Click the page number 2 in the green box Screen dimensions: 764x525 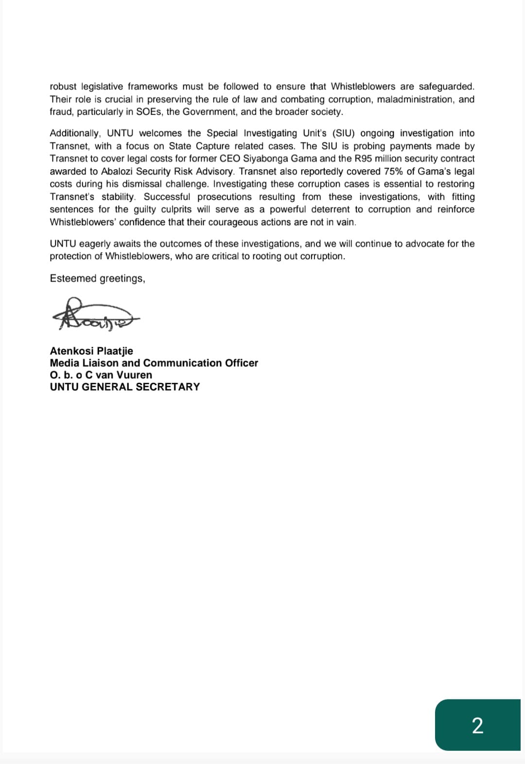pyautogui.click(x=477, y=725)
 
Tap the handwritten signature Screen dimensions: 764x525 pyautogui.click(x=95, y=315)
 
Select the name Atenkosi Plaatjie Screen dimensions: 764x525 pyautogui.click(x=91, y=351)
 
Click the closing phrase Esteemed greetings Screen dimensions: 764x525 pyautogui.click(x=97, y=278)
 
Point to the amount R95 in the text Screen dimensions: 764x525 pyautogui.click(x=363, y=159)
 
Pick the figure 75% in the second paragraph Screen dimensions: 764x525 pyautogui.click(x=394, y=171)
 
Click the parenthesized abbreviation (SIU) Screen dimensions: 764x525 pyautogui.click(x=343, y=133)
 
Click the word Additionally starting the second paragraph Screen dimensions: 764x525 pyautogui.click(x=75, y=133)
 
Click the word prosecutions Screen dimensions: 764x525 pyautogui.click(x=225, y=196)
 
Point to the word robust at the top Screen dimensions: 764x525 pyautogui.click(x=63, y=87)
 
